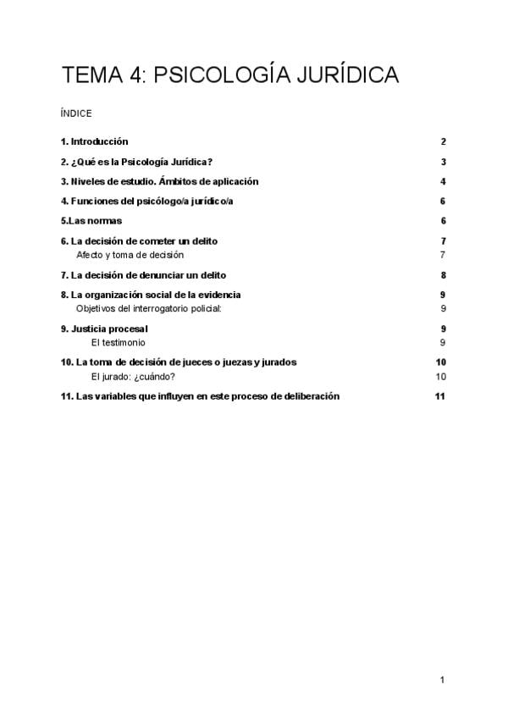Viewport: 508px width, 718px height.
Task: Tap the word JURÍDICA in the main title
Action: (344, 75)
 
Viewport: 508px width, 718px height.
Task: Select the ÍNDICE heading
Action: (76, 113)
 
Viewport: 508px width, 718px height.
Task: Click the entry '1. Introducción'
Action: (94, 141)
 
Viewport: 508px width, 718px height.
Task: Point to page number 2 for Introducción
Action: (443, 141)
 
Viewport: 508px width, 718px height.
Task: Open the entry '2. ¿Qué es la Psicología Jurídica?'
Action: (136, 162)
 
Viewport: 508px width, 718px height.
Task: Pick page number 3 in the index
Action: (443, 162)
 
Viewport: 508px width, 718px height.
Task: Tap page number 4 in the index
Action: (443, 181)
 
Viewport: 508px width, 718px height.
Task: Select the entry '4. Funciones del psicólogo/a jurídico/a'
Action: (147, 202)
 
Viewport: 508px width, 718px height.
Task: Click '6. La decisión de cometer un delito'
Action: (139, 241)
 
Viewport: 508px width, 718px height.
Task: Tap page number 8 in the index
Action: (443, 275)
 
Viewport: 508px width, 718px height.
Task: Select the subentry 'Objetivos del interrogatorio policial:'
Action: (148, 308)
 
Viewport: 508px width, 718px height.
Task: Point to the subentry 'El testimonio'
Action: (118, 342)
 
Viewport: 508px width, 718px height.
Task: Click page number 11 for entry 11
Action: (439, 396)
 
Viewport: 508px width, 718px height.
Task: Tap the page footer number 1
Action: (442, 679)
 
